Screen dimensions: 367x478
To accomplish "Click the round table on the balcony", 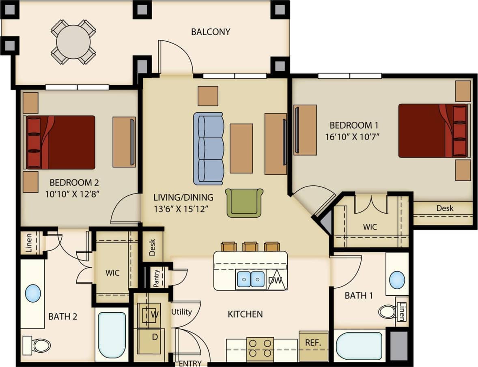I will pyautogui.click(x=73, y=42).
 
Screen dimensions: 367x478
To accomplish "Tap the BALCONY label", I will pyautogui.click(x=211, y=32).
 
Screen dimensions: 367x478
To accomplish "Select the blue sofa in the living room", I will pyautogui.click(x=209, y=148).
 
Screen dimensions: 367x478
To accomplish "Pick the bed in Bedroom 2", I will pyautogui.click(x=61, y=142).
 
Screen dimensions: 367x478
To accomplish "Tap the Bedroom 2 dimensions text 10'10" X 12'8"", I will pyautogui.click(x=73, y=193).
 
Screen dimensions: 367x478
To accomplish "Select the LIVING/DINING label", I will pyautogui.click(x=183, y=197).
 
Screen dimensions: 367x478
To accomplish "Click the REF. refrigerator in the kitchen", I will pyautogui.click(x=313, y=343).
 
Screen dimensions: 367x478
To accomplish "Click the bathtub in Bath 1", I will pyautogui.click(x=359, y=346).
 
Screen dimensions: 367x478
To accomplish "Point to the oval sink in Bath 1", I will pyautogui.click(x=397, y=280).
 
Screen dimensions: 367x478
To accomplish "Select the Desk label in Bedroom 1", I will pyautogui.click(x=445, y=208).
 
